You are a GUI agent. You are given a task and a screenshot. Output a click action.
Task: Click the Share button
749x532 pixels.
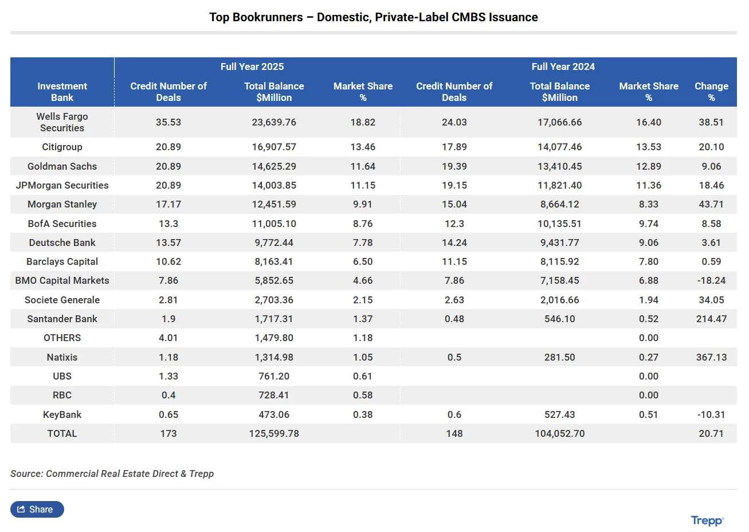point(37,509)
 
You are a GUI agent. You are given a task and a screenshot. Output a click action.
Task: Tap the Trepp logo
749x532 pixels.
point(707,521)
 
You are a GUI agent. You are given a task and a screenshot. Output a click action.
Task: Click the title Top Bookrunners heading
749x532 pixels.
point(373,17)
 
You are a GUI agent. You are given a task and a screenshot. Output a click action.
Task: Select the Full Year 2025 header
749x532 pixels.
point(252,66)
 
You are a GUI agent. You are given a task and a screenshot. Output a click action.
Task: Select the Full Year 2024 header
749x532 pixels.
point(563,66)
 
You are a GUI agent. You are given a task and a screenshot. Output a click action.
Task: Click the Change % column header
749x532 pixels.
point(711,92)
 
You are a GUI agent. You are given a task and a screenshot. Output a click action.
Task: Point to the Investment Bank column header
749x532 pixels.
point(62,92)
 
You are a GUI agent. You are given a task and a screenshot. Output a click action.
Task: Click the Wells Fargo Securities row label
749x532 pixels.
point(62,122)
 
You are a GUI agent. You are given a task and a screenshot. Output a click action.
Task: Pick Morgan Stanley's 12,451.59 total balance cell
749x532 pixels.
point(274,204)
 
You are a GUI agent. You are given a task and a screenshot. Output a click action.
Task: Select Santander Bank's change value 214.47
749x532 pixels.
point(711,319)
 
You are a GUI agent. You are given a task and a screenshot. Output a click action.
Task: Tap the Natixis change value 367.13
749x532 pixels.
point(711,357)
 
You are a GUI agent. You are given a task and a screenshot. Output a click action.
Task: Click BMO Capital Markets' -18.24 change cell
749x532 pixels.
point(711,280)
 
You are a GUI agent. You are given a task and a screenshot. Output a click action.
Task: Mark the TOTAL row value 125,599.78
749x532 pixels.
point(274,433)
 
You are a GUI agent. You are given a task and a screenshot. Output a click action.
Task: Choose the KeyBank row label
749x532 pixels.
point(62,414)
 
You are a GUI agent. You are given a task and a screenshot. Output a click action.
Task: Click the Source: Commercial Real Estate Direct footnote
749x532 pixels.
point(112,474)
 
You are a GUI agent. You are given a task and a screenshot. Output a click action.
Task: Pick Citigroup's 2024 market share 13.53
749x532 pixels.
point(649,147)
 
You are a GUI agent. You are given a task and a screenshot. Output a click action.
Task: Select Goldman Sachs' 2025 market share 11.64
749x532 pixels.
point(363,166)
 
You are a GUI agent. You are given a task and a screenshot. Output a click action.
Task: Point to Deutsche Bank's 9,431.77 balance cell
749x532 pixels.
point(559,242)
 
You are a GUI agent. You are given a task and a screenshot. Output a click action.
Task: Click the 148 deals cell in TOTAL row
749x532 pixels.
point(454,433)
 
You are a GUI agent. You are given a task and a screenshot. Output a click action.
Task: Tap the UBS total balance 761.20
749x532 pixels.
point(274,376)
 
